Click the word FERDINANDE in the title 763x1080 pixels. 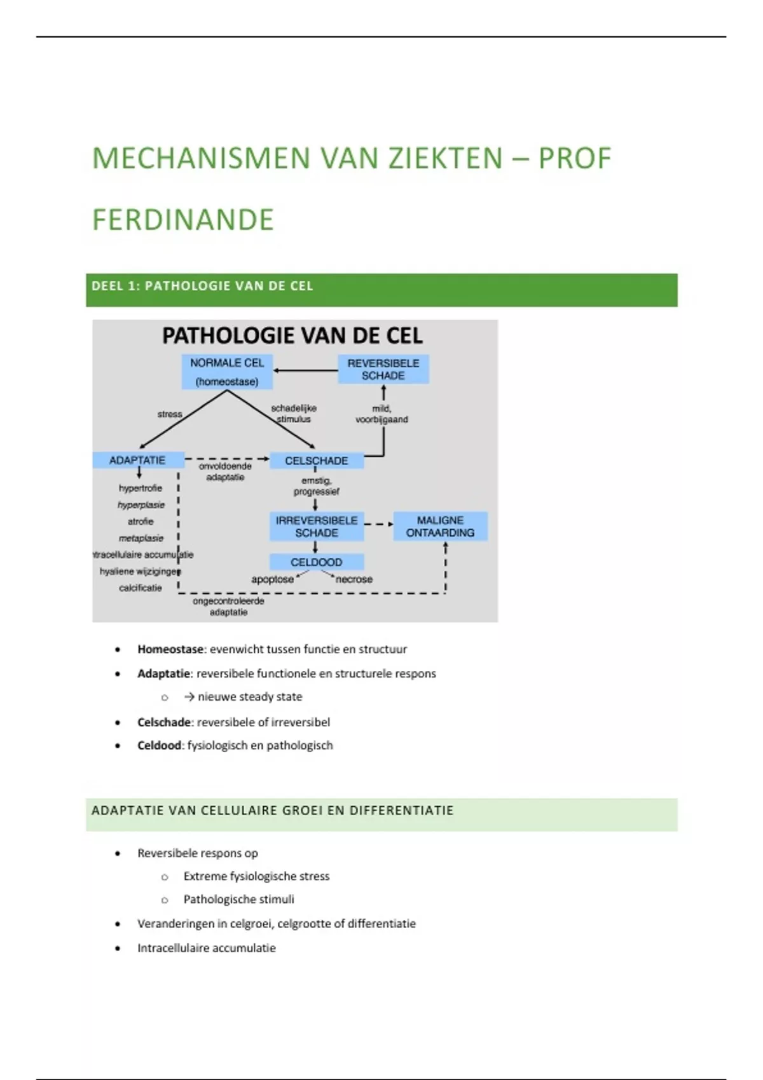pyautogui.click(x=183, y=220)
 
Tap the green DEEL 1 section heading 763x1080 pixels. pyautogui.click(x=381, y=290)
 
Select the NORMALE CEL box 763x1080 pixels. pyautogui.click(x=227, y=372)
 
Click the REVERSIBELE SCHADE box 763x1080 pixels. pyautogui.click(x=383, y=369)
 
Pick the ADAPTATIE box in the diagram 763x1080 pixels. pyautogui.click(x=139, y=460)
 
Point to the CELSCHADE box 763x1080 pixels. pyautogui.click(x=317, y=461)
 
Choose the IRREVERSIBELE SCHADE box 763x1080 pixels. pyautogui.click(x=317, y=527)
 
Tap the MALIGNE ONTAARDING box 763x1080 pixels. pyautogui.click(x=440, y=527)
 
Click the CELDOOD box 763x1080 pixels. pyautogui.click(x=317, y=562)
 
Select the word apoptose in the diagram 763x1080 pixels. pyautogui.click(x=272, y=579)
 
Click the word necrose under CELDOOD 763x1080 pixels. pyautogui.click(x=354, y=579)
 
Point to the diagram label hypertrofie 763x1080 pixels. pyautogui.click(x=141, y=488)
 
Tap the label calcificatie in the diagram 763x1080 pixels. pyautogui.click(x=141, y=588)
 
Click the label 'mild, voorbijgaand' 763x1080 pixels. pyautogui.click(x=381, y=414)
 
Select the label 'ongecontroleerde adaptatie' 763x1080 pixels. pyautogui.click(x=228, y=607)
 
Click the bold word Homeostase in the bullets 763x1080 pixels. pyautogui.click(x=170, y=649)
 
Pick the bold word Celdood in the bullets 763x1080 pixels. pyautogui.click(x=159, y=745)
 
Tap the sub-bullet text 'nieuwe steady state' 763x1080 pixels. pyautogui.click(x=250, y=697)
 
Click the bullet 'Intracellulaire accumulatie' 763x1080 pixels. pyautogui.click(x=207, y=948)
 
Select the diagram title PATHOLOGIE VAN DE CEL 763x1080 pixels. pyautogui.click(x=292, y=335)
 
